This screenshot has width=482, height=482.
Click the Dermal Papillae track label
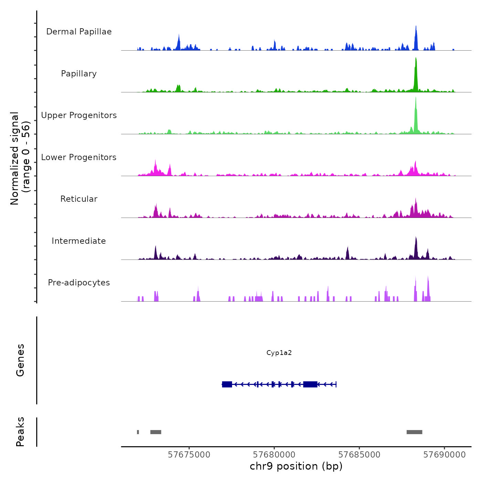[79, 32]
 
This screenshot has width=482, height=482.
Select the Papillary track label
[79, 74]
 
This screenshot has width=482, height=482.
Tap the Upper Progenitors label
[79, 115]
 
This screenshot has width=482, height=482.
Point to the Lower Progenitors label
[79, 157]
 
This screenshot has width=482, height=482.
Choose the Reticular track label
[79, 199]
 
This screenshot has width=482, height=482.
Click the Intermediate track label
[79, 241]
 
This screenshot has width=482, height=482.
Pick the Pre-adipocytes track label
[79, 283]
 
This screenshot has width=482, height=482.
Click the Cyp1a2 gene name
[279, 353]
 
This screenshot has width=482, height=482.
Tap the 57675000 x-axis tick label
[189, 455]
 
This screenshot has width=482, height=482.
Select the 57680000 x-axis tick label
[274, 455]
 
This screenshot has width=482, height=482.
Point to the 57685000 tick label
[359, 455]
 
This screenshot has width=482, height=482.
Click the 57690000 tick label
[444, 455]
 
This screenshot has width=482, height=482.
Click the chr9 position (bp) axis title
[296, 467]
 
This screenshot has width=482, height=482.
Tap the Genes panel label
[20, 360]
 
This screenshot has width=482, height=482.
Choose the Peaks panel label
[20, 432]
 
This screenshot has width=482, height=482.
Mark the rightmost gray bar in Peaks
[414, 432]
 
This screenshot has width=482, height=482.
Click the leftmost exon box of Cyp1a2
[227, 384]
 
